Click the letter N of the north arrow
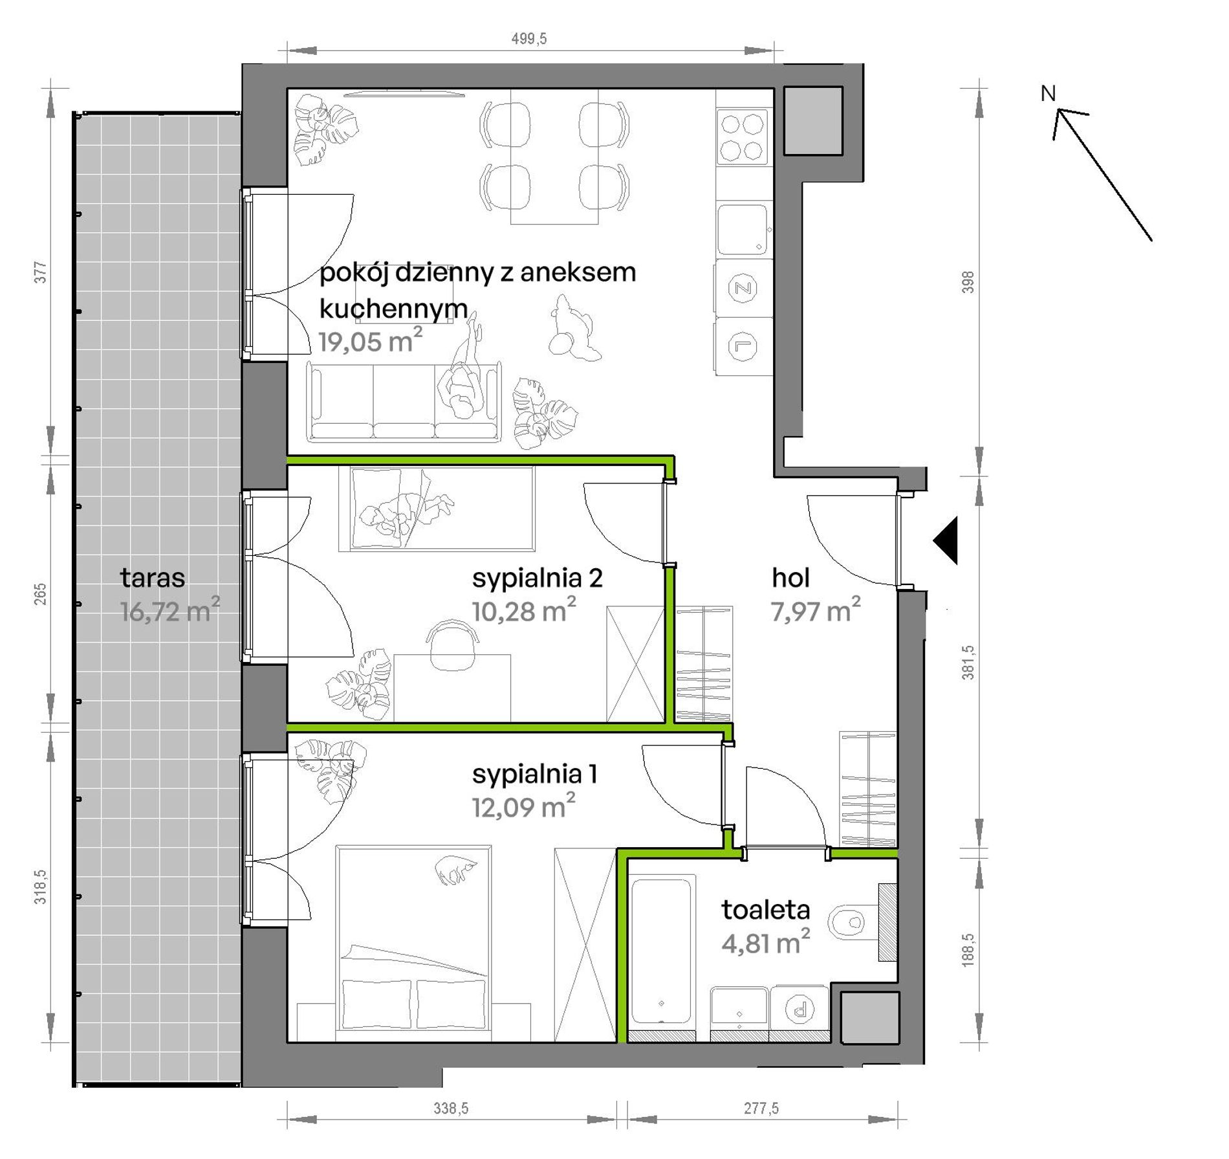1048,94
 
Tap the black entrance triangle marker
946,540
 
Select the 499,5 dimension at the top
529,39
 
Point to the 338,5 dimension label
451,1108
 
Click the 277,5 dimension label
761,1108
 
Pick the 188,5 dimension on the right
968,949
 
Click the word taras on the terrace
153,578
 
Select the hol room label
790,578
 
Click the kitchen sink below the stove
743,230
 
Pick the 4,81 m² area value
766,942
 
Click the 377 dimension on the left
41,272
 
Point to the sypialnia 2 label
538,578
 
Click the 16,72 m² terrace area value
170,610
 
